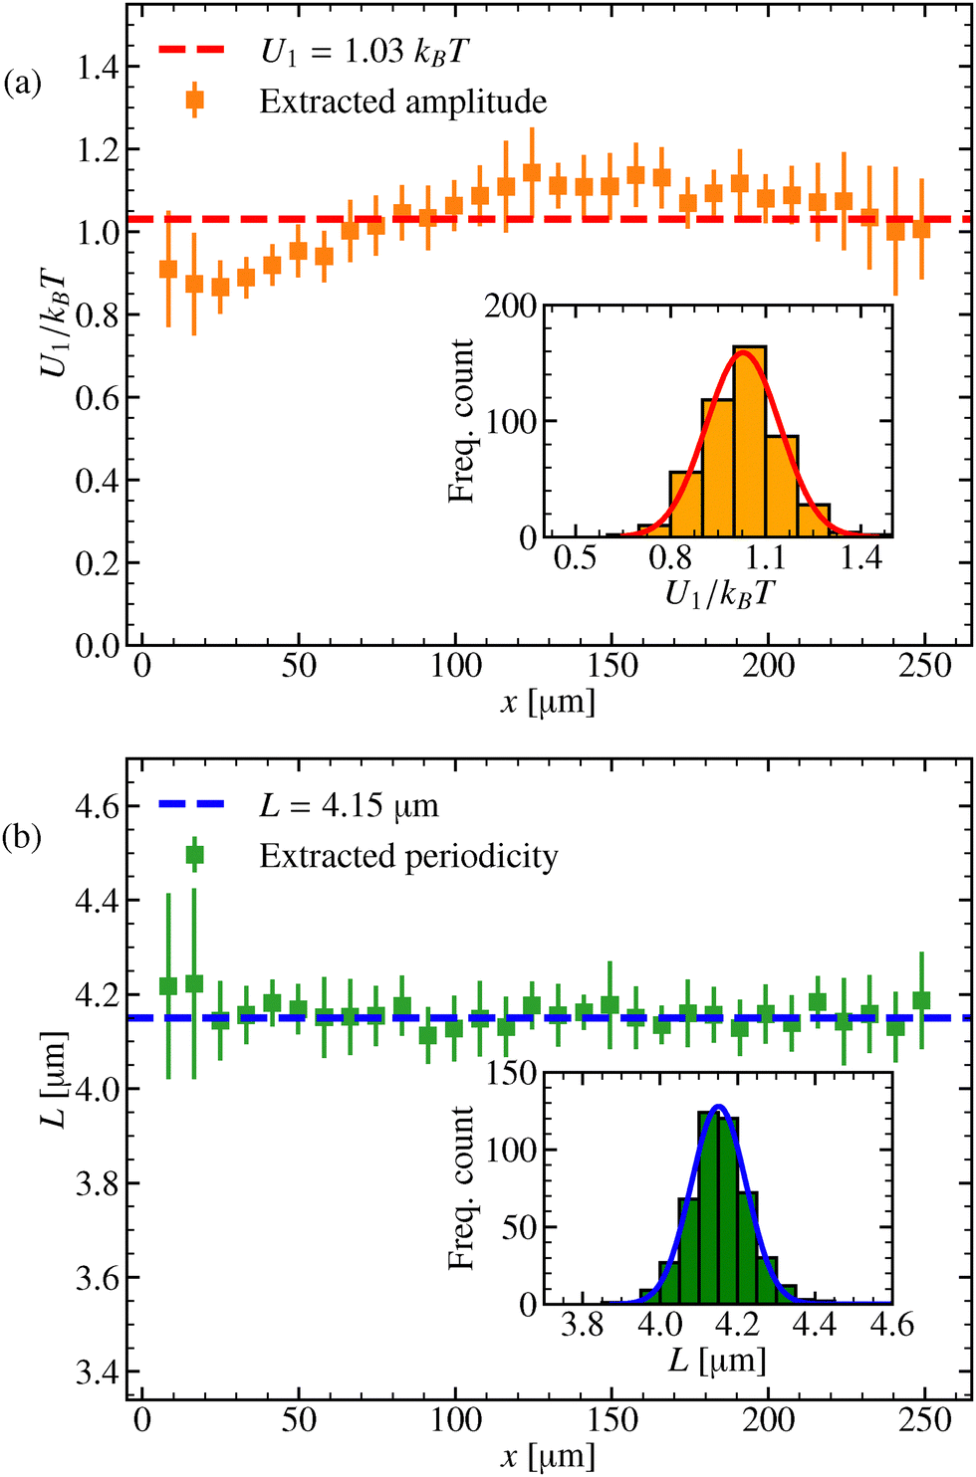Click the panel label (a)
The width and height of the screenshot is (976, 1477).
click(x=23, y=83)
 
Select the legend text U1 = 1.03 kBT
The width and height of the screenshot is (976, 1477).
click(x=363, y=51)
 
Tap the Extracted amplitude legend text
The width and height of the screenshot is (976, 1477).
click(x=403, y=102)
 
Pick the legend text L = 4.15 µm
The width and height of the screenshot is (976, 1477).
click(x=349, y=805)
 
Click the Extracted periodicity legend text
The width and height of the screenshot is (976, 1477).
click(x=408, y=856)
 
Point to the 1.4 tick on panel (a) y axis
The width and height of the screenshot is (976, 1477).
click(x=98, y=68)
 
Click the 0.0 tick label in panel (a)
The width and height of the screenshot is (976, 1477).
click(x=98, y=646)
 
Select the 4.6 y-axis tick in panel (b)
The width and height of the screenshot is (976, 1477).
click(x=98, y=806)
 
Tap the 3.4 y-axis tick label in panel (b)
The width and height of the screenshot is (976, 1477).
click(x=98, y=1372)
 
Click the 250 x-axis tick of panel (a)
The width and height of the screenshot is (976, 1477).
click(x=925, y=666)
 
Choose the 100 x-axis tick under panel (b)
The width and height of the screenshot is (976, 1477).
click(x=456, y=1420)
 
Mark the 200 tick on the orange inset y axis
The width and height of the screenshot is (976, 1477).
click(x=511, y=306)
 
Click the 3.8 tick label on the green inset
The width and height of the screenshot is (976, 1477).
click(x=582, y=1326)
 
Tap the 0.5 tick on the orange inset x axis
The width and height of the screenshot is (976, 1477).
click(x=576, y=557)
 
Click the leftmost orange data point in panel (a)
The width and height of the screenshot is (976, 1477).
click(x=168, y=270)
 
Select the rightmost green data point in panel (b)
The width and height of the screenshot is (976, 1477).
click(x=921, y=1000)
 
